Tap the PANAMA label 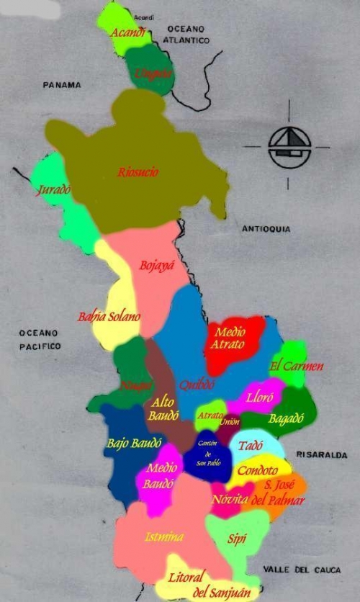point(61,85)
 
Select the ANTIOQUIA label point(266,229)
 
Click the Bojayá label point(157,266)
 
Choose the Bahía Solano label point(109,317)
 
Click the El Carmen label point(296,366)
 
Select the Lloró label point(258,397)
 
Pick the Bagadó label point(286,418)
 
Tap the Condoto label point(257,471)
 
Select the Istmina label point(163,536)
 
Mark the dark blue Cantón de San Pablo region point(207,461)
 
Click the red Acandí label point(130,32)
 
